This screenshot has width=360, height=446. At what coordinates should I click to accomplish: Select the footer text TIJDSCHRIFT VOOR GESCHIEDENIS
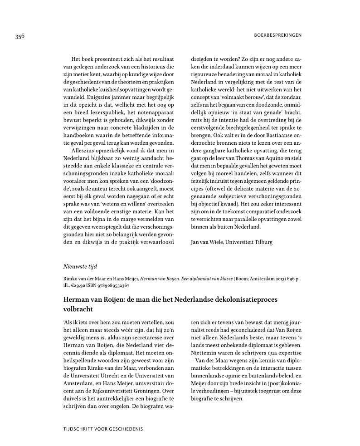(x=103, y=429)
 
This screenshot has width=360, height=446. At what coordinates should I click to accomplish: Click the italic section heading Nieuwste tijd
(x=80, y=266)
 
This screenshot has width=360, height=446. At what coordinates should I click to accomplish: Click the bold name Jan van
(x=199, y=242)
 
